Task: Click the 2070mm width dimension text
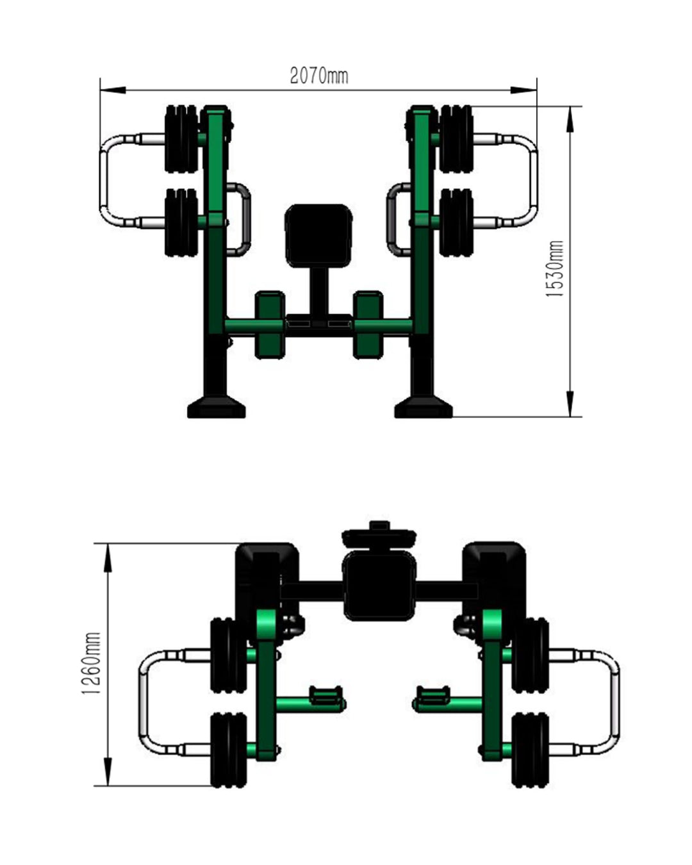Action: click(319, 76)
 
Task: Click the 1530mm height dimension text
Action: click(554, 269)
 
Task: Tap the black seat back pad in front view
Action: click(318, 235)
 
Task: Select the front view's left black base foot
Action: click(217, 407)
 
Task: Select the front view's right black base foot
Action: click(424, 407)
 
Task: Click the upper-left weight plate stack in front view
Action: click(182, 139)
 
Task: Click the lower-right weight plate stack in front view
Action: click(456, 223)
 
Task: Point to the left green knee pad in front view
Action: click(270, 325)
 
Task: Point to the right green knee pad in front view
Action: click(368, 325)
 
